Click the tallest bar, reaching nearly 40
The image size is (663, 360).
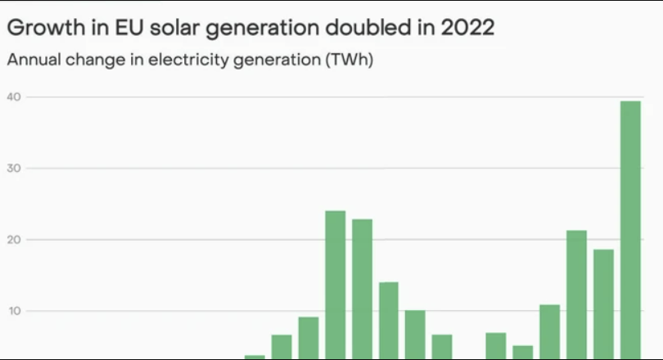[x=630, y=229]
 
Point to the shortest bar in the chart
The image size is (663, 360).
[x=255, y=358]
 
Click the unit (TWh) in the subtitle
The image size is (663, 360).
[x=347, y=60]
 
